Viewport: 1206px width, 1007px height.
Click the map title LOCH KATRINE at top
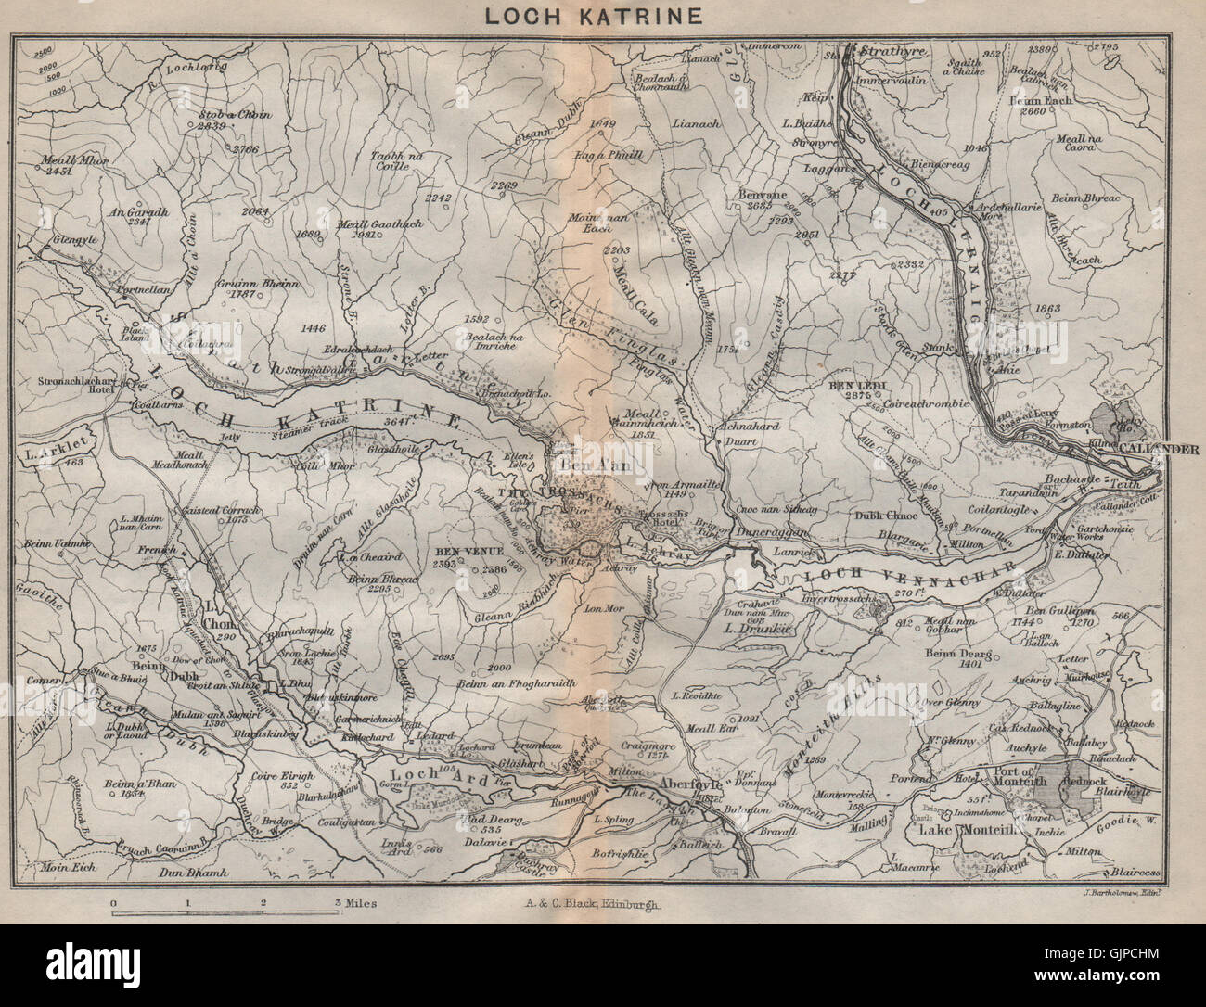(603, 16)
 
